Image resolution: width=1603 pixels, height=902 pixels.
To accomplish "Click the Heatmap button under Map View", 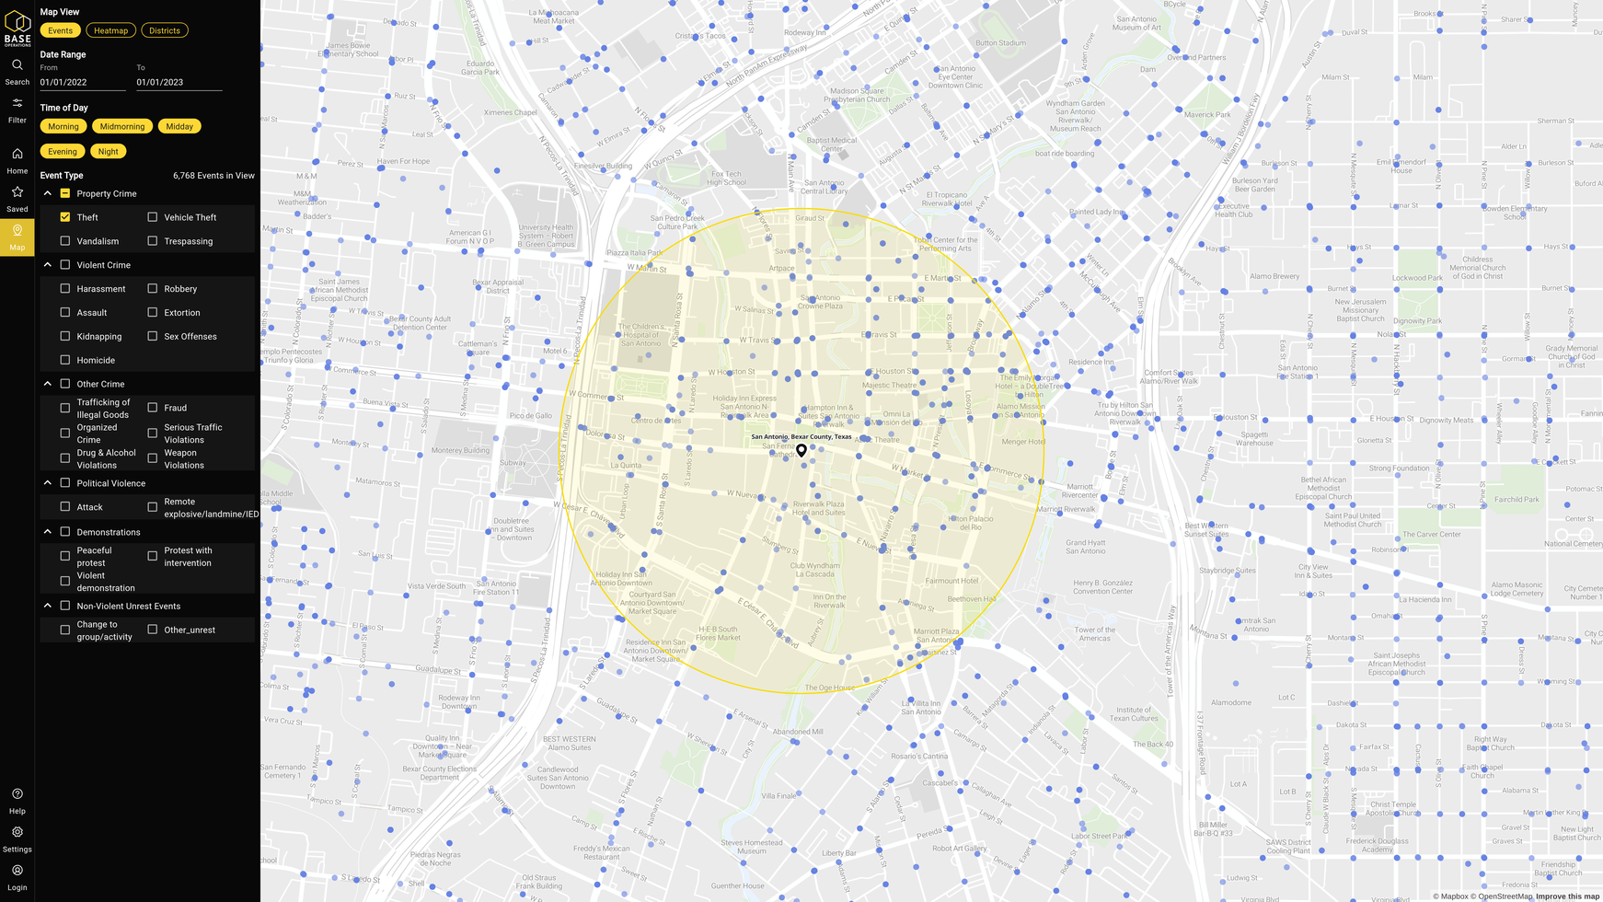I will pyautogui.click(x=110, y=30).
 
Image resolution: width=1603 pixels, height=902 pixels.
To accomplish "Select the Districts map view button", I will pyautogui.click(x=165, y=30).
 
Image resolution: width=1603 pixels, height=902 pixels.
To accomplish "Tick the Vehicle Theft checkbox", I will pyautogui.click(x=153, y=217).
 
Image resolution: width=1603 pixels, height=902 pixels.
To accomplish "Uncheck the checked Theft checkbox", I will pyautogui.click(x=65, y=217).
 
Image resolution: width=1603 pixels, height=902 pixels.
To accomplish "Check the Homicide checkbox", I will pyautogui.click(x=65, y=360).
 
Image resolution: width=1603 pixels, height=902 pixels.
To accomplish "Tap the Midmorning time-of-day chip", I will pyautogui.click(x=122, y=126).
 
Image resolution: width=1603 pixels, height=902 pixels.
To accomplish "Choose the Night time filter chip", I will pyautogui.click(x=109, y=151).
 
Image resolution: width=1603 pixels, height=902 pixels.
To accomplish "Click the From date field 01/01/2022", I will pyautogui.click(x=82, y=82).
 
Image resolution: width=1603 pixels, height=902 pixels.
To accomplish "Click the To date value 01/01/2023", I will pyautogui.click(x=179, y=82).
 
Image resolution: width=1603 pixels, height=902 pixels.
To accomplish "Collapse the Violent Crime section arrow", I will pyautogui.click(x=48, y=265).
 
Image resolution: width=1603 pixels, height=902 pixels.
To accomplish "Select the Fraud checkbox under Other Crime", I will pyautogui.click(x=153, y=408).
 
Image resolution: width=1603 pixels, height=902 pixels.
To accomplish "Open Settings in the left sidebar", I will pyautogui.click(x=17, y=838).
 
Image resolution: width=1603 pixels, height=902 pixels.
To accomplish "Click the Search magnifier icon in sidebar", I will pyautogui.click(x=17, y=65).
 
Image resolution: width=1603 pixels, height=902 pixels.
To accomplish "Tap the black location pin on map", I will pyautogui.click(x=801, y=450).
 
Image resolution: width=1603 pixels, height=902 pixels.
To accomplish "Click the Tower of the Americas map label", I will pyautogui.click(x=1094, y=634).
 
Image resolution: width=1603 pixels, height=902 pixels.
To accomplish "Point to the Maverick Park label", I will pyautogui.click(x=1207, y=115).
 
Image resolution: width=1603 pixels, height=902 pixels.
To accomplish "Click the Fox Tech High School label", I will pyautogui.click(x=726, y=178).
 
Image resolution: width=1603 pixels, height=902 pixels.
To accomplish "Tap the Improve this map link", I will pyautogui.click(x=1567, y=896).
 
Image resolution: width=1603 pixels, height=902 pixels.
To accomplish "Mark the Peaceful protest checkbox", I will pyautogui.click(x=65, y=556).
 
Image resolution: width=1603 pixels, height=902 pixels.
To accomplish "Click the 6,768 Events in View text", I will pyautogui.click(x=213, y=175).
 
